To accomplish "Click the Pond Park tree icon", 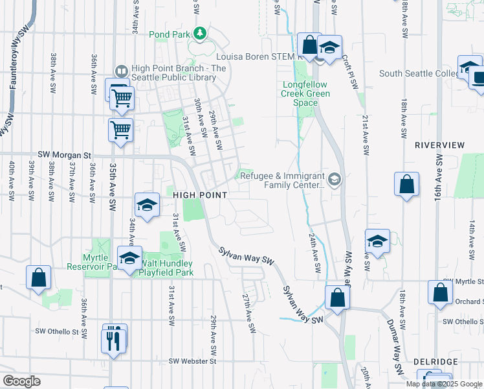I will click(201, 33).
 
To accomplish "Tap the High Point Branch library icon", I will click(121, 71).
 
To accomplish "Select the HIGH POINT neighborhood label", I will click(199, 194).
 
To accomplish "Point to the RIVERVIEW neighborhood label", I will click(440, 145).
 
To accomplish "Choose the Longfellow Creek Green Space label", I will click(306, 94).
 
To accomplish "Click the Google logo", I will click(21, 381).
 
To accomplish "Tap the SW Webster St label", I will click(191, 360).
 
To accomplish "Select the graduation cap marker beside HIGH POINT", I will click(147, 206).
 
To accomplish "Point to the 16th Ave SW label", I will click(438, 176).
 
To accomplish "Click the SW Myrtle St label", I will click(462, 281).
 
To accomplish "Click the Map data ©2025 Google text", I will click(444, 384).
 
